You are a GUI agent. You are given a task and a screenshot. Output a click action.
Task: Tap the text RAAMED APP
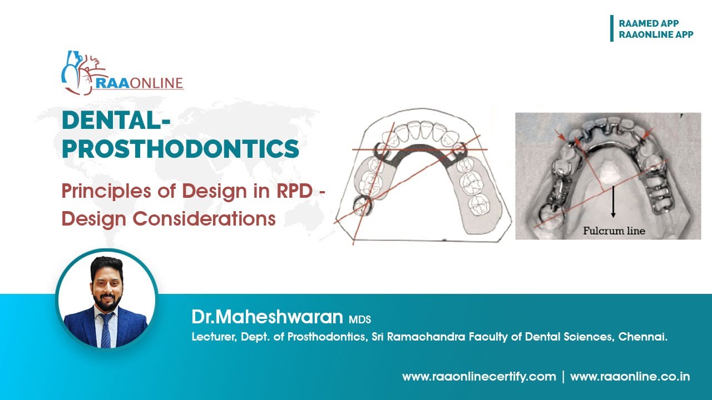point(649,23)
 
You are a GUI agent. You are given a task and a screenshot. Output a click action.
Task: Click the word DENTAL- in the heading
point(117,121)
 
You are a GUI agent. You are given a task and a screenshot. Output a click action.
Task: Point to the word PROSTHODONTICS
point(180,149)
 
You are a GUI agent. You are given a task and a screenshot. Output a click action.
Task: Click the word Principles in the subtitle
point(100,192)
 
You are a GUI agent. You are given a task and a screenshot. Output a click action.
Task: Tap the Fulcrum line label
point(614,230)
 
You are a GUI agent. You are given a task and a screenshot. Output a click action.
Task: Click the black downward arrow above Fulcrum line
point(613,203)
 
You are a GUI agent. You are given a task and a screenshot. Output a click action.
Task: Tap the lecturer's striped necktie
point(106,328)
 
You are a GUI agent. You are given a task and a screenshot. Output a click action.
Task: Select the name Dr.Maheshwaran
point(267,317)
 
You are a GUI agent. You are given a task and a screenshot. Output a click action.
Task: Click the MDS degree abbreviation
point(360,319)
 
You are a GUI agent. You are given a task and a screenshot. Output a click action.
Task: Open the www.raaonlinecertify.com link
point(479,377)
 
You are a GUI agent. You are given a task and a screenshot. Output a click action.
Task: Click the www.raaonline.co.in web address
point(630,377)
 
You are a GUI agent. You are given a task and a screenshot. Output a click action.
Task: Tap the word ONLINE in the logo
point(155,83)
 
